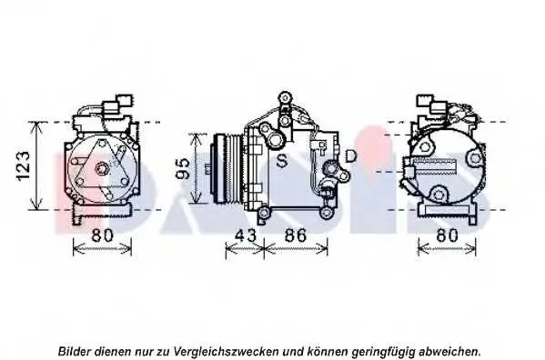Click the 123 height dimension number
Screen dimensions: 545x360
(x=24, y=166)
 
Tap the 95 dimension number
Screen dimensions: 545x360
(x=182, y=169)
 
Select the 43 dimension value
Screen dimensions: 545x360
(x=246, y=235)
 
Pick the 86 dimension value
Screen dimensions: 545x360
(x=296, y=235)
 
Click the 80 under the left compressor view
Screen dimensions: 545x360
(x=103, y=235)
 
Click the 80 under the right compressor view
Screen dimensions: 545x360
(x=447, y=235)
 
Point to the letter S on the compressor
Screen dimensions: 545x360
(x=282, y=160)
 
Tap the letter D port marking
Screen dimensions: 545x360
(x=350, y=155)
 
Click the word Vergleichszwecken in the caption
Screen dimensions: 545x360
(x=226, y=352)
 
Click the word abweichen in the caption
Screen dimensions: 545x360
(x=449, y=351)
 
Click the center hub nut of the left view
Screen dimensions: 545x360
(x=102, y=168)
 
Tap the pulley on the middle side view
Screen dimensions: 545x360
(x=227, y=168)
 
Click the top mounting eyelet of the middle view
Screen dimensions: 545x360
(x=285, y=96)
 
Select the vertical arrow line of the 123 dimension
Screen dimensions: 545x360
(x=36, y=166)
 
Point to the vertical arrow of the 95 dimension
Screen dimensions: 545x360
(x=197, y=168)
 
